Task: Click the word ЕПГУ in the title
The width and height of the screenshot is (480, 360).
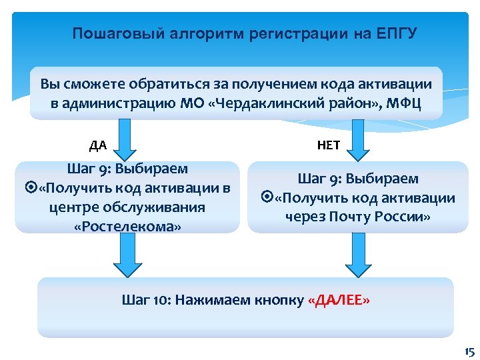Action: (396, 33)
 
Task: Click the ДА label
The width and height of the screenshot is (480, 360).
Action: (98, 145)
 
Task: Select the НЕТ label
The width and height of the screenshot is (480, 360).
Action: (329, 145)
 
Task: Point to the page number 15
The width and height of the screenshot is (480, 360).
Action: (468, 351)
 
